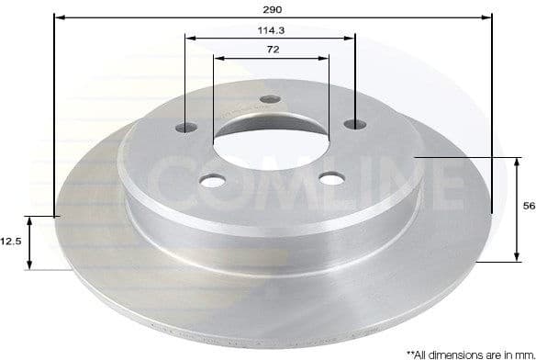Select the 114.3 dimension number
(x=270, y=29)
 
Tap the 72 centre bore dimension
(x=272, y=50)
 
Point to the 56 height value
(x=528, y=208)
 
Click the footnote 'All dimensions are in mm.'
(x=463, y=353)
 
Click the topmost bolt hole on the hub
(x=268, y=100)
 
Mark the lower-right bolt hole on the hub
(x=327, y=177)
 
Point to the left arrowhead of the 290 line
(x=58, y=17)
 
